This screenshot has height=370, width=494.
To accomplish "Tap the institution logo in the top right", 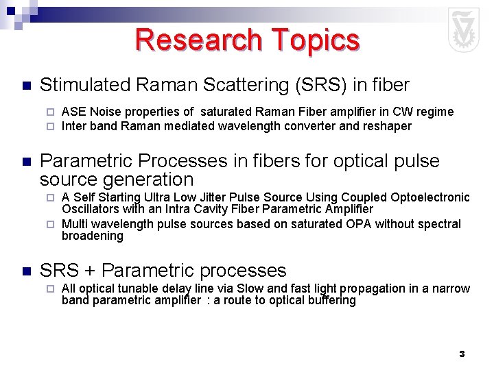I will (464, 31).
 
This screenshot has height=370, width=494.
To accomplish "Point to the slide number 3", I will (462, 354).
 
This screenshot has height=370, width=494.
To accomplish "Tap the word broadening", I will (93, 236).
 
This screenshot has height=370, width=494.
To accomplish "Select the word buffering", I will (333, 300).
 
